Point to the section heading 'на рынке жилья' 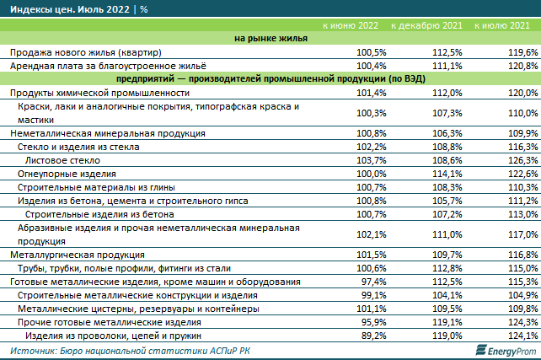[x=270, y=38]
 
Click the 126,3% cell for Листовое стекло [x=522, y=159]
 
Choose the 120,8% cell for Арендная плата [x=522, y=64]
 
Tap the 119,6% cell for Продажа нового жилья [x=522, y=51]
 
